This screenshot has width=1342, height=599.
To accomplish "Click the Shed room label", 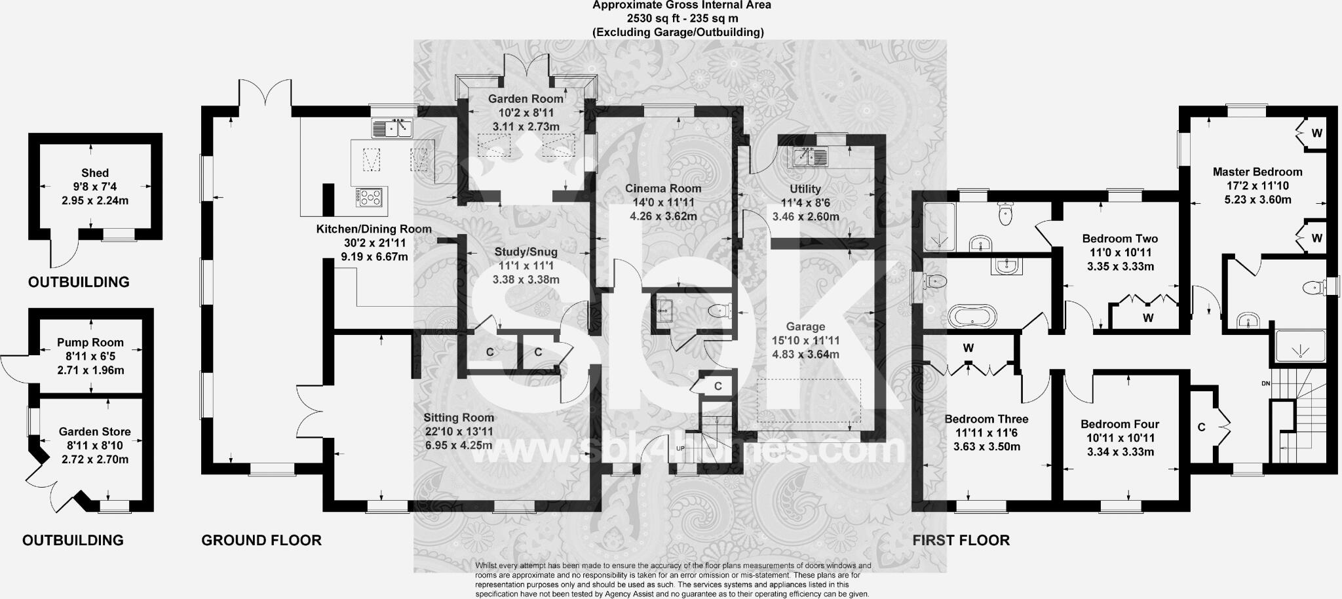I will pyautogui.click(x=95, y=173).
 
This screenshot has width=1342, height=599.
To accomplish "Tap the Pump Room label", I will pyautogui.click(x=90, y=342).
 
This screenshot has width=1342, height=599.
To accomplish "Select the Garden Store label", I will pyautogui.click(x=95, y=431).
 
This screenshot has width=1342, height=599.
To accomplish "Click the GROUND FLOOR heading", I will pyautogui.click(x=261, y=541).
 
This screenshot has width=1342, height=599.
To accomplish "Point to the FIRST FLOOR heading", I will pyautogui.click(x=961, y=541).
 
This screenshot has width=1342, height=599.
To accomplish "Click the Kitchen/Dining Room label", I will pyautogui.click(x=374, y=229).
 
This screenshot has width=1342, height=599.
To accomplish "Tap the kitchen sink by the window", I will pyautogui.click(x=392, y=128).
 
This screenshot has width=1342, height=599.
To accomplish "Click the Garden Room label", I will pyautogui.click(x=526, y=99).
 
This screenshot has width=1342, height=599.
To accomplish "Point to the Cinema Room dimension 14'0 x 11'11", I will pyautogui.click(x=663, y=203).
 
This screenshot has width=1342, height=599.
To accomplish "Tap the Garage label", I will pyautogui.click(x=805, y=326).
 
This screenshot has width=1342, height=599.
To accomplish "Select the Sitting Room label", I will pyautogui.click(x=458, y=417).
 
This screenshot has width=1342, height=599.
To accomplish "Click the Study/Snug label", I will pyautogui.click(x=526, y=252).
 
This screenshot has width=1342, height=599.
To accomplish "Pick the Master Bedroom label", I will pyautogui.click(x=1257, y=172).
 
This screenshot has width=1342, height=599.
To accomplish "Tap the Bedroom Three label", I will pyautogui.click(x=986, y=419).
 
